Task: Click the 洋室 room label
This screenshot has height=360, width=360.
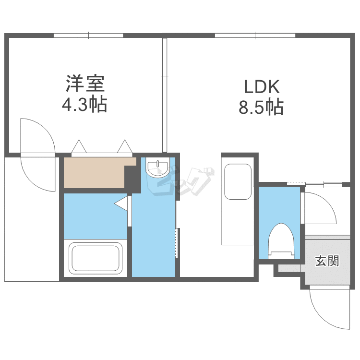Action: point(85,84)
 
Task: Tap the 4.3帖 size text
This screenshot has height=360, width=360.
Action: point(84,105)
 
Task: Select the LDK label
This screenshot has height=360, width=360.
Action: point(262,87)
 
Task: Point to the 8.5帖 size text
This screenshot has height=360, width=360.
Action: point(261,107)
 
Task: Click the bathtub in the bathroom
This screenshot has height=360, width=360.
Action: point(95,258)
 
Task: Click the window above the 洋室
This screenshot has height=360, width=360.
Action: point(88,36)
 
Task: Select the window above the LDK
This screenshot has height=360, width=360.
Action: point(255,36)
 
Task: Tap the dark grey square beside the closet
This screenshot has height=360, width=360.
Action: point(132,177)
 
